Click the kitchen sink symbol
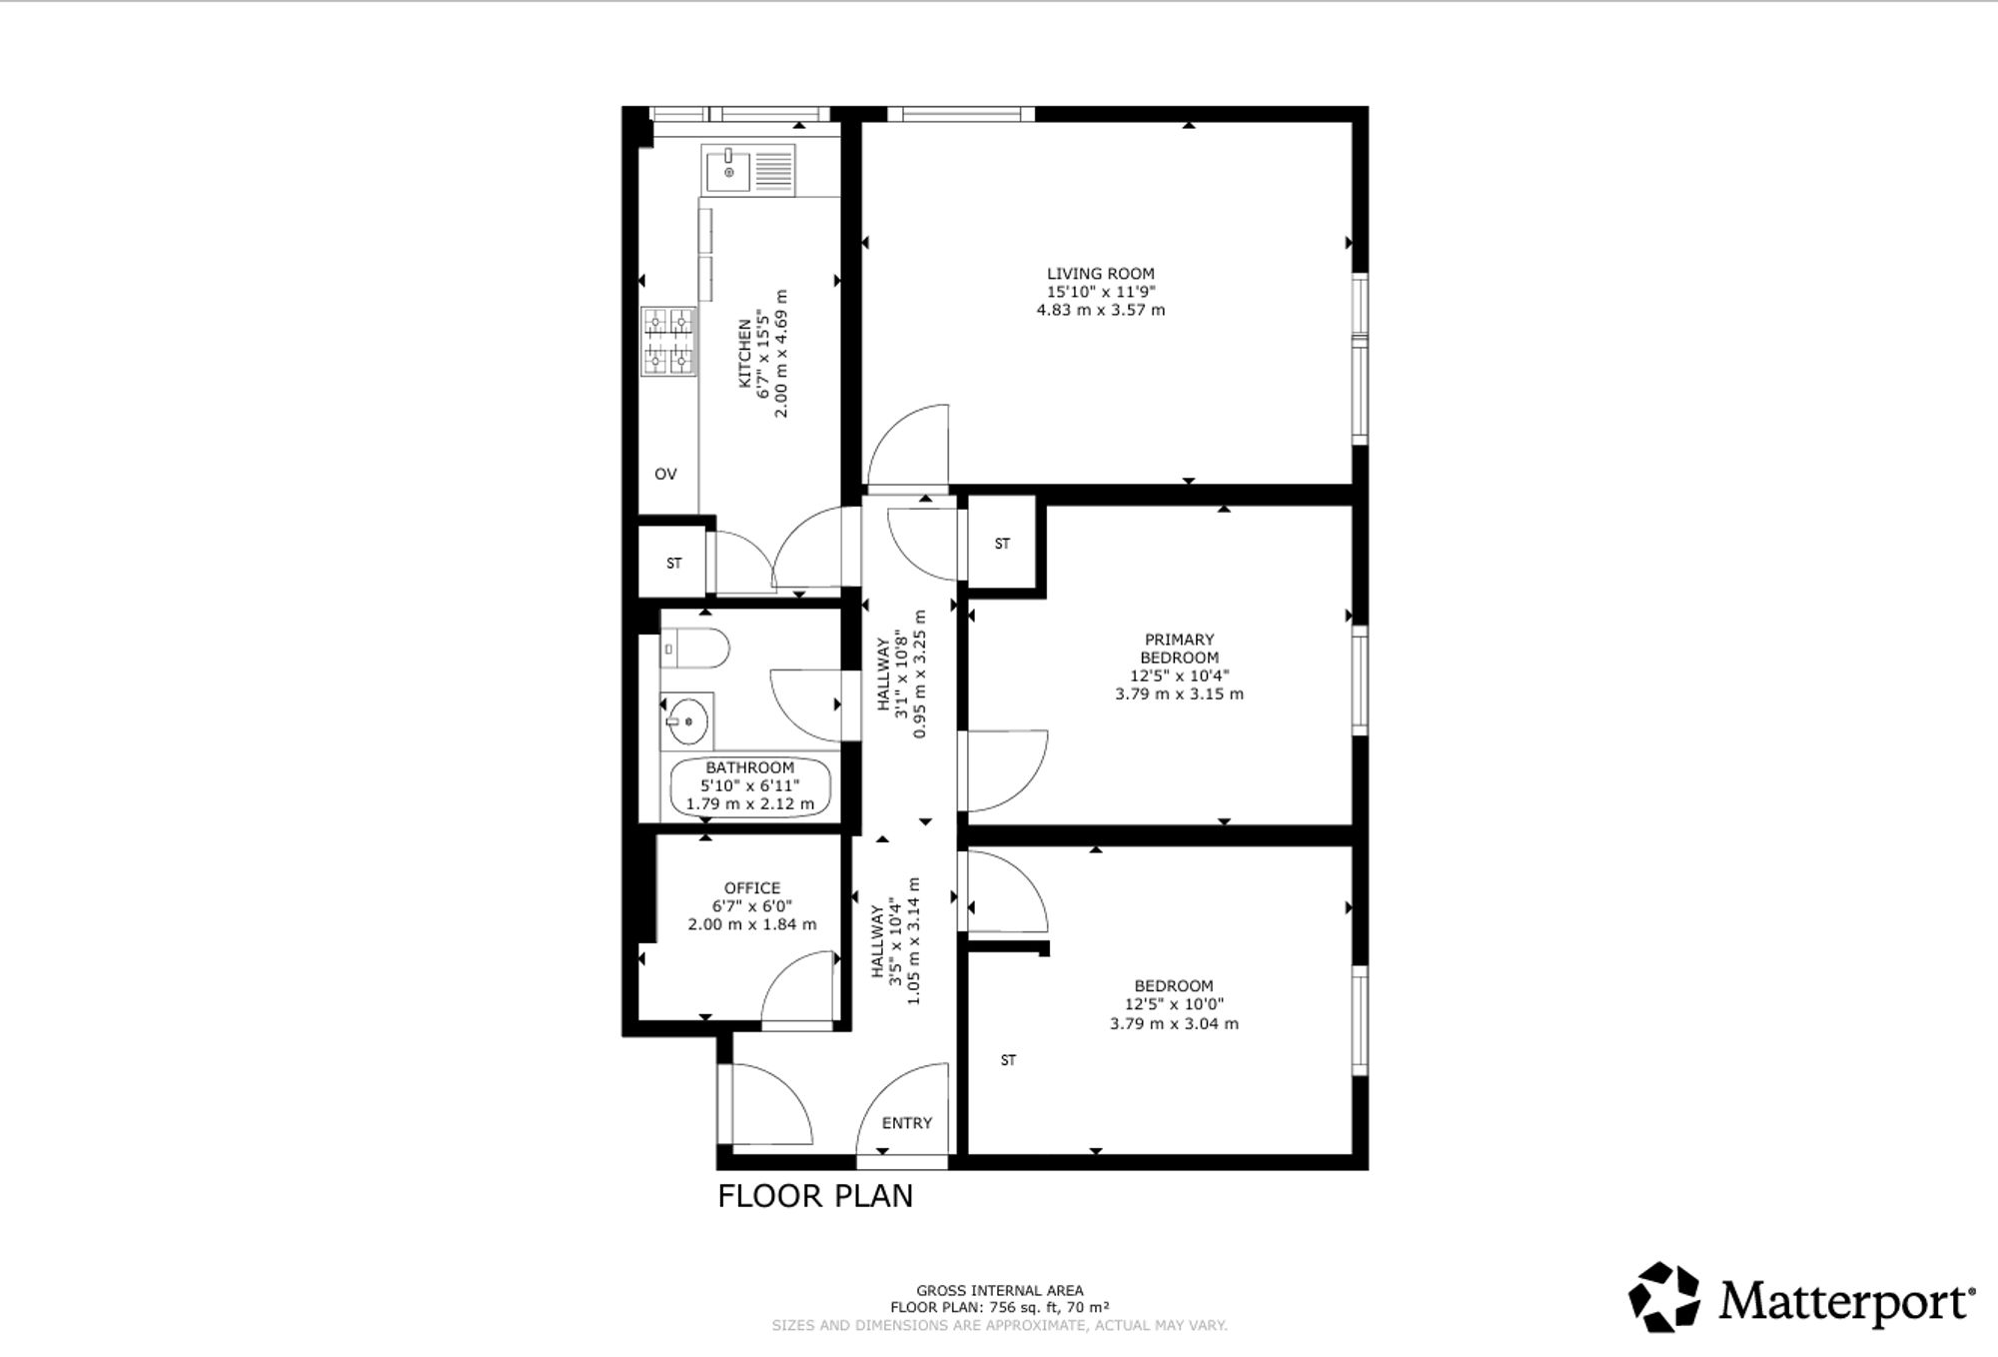pos(748,170)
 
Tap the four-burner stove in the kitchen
pos(668,342)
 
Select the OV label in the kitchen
pos(665,474)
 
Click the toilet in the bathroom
pos(695,648)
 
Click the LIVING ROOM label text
pos(1101,274)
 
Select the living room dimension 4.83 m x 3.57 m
pos(1101,310)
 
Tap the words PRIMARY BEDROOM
pos(1180,649)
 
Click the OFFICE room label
pos(752,888)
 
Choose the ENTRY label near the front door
pos(907,1123)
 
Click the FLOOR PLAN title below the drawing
pos(815,1196)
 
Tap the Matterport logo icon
pos(1664,1297)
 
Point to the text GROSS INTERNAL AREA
pos(1000,1290)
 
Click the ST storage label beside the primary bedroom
pos(1002,544)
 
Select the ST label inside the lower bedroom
pos(1008,1060)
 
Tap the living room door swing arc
pos(896,422)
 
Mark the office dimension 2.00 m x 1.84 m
pos(752,924)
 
